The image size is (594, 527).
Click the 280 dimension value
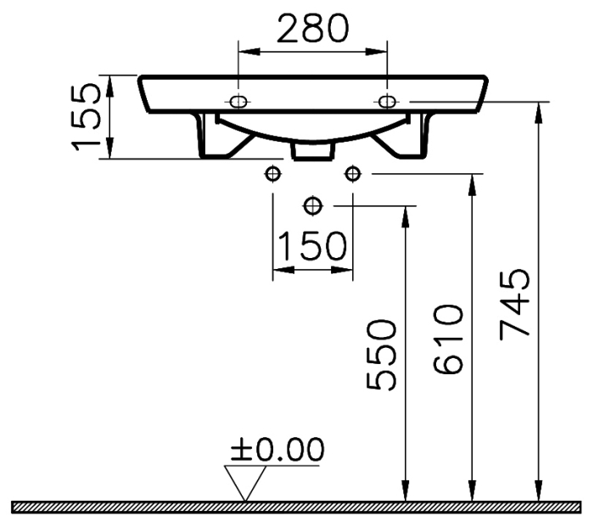pyautogui.click(x=312, y=28)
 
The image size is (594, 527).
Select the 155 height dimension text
pyautogui.click(x=87, y=117)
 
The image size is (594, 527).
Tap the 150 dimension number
pyautogui.click(x=312, y=246)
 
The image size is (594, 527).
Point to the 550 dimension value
pyautogui.click(x=382, y=355)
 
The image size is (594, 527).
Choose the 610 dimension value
pyautogui.click(x=448, y=339)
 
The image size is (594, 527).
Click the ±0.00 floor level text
pyautogui.click(x=277, y=449)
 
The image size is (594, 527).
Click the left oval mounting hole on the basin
pyautogui.click(x=238, y=102)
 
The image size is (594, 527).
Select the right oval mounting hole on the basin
pyautogui.click(x=387, y=102)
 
